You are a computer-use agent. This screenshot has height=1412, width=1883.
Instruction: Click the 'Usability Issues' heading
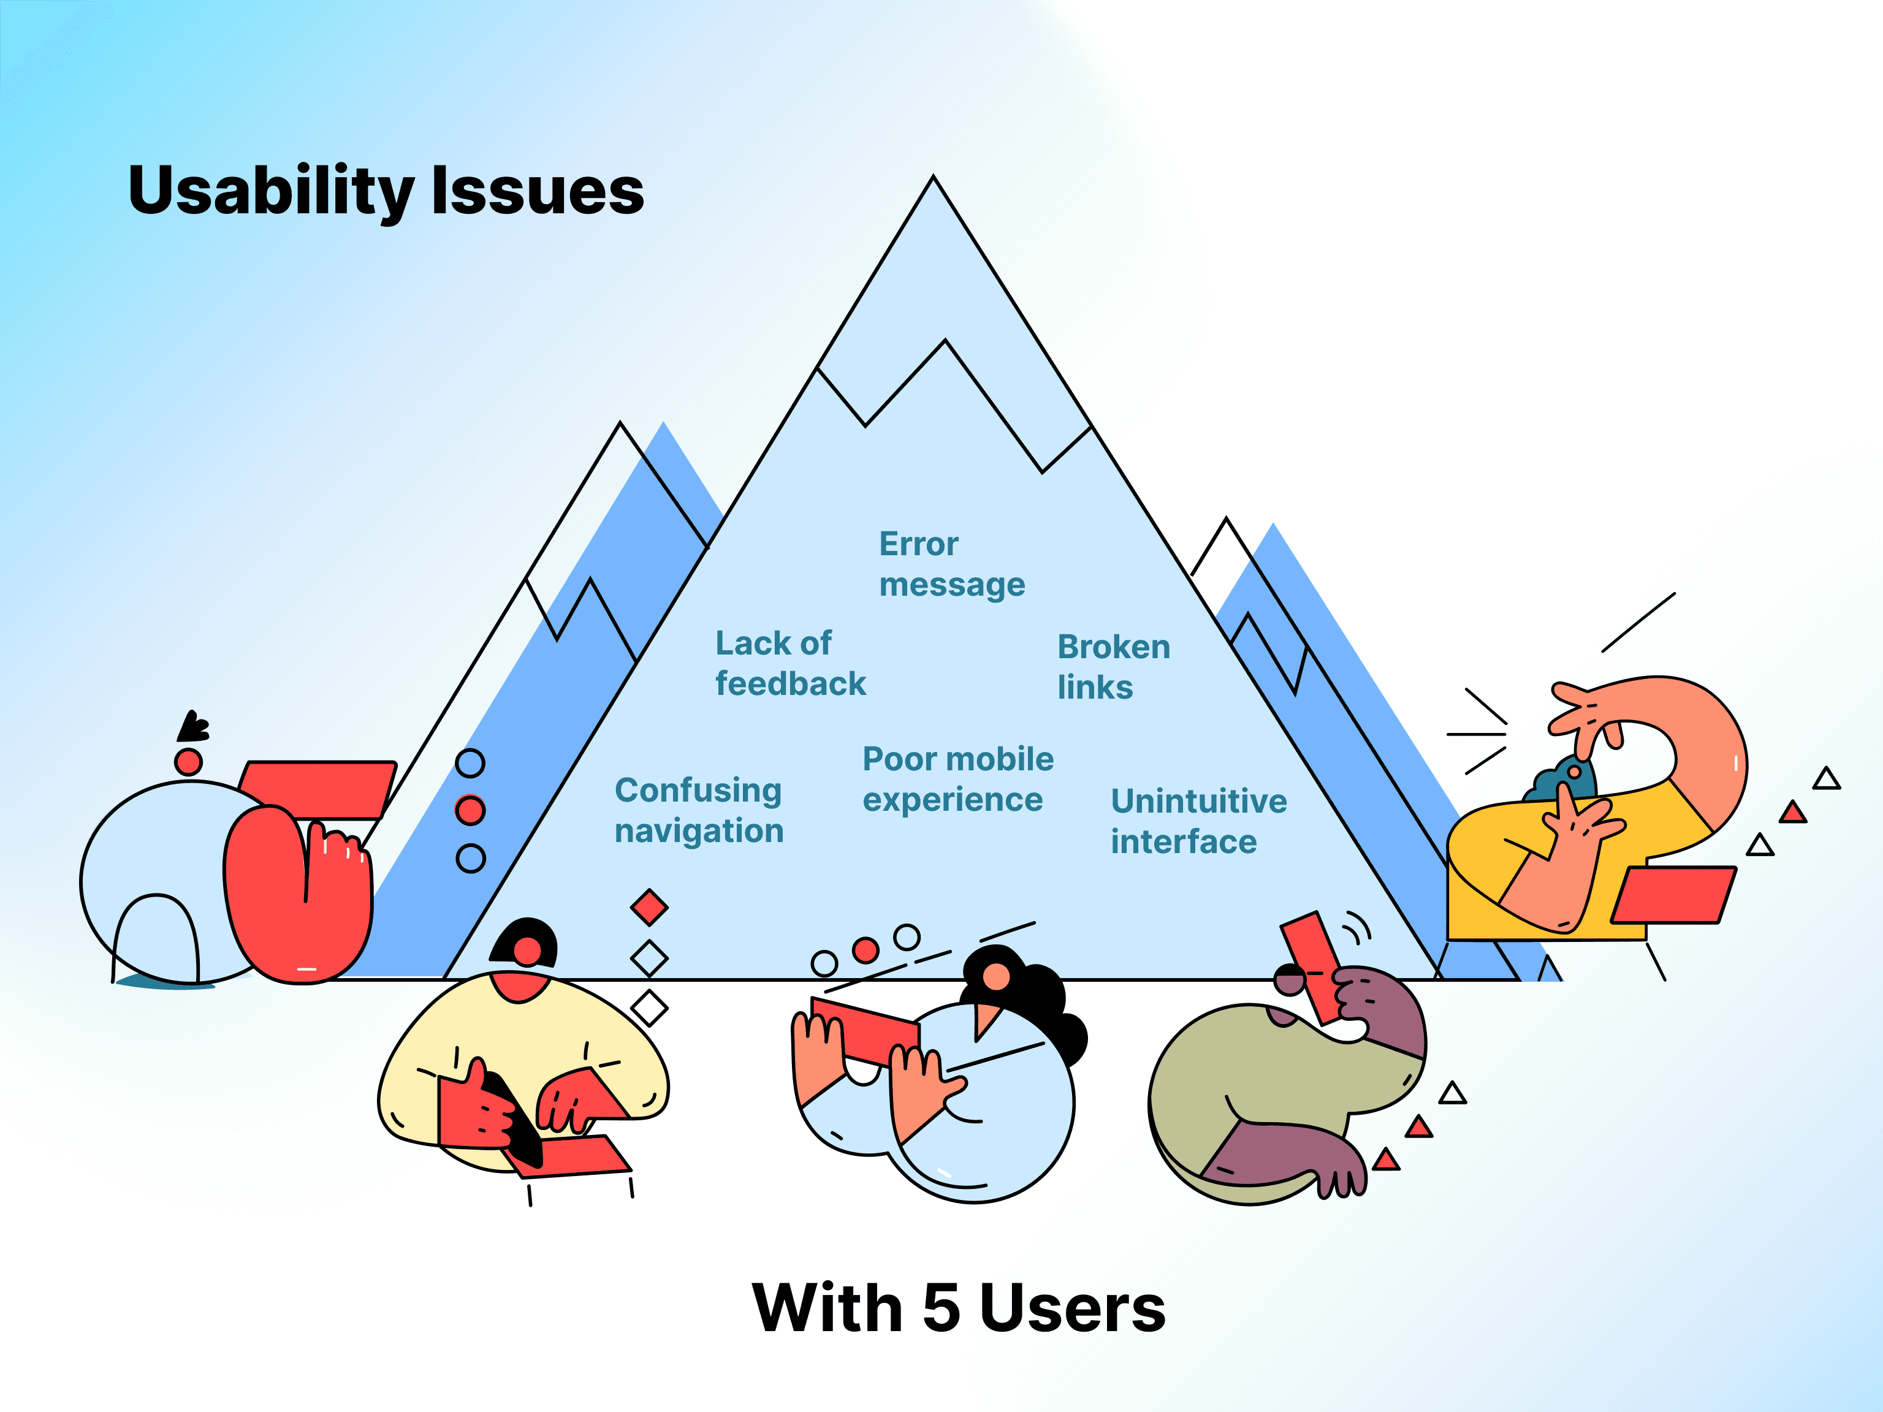click(386, 191)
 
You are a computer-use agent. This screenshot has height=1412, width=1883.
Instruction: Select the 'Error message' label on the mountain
click(951, 564)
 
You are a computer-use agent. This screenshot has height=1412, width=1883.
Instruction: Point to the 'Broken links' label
click(1113, 666)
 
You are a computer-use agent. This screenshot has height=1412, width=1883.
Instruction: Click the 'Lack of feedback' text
click(789, 663)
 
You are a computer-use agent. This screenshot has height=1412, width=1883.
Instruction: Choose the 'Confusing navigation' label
click(698, 810)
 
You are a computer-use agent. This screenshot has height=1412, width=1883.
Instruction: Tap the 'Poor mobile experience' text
click(957, 779)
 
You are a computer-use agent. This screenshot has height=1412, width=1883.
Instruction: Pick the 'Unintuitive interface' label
click(1198, 821)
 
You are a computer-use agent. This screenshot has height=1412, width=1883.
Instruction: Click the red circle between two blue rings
click(471, 810)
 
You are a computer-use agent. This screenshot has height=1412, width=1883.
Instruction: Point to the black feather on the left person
click(192, 727)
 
